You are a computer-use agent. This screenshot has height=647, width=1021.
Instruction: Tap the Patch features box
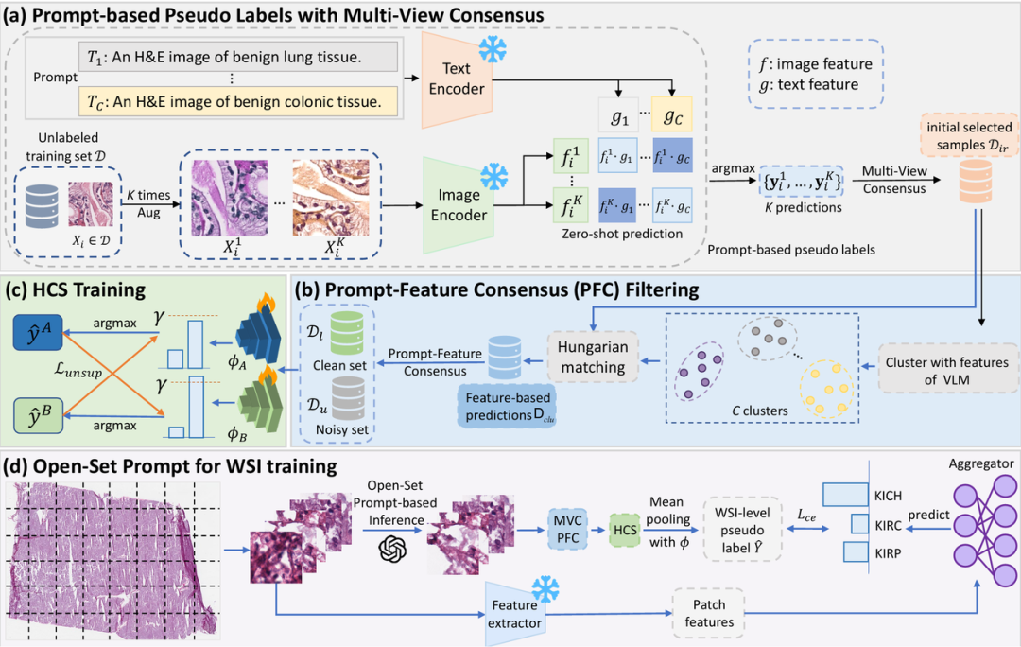[709, 612]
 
